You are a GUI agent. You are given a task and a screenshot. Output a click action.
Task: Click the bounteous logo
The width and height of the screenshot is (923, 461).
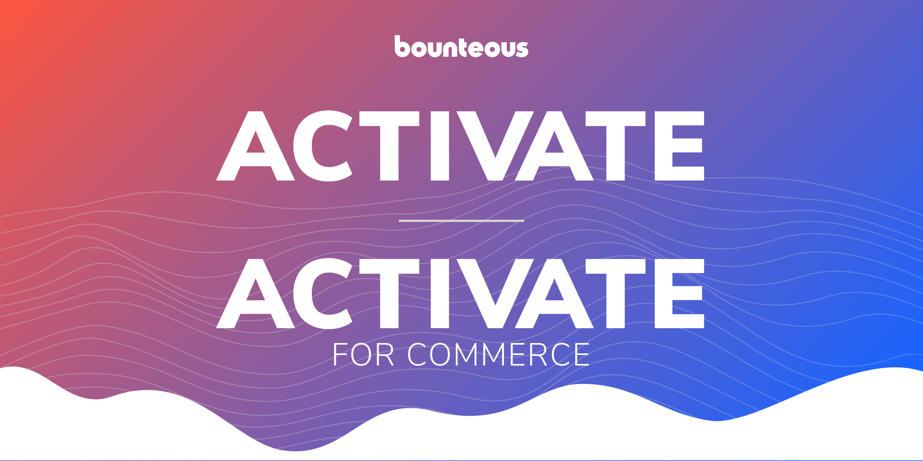coord(461,46)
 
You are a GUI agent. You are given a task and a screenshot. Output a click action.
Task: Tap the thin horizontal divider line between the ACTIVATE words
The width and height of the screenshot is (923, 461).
coord(461,221)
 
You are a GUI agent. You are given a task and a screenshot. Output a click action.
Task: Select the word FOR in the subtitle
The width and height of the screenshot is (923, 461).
coord(363,355)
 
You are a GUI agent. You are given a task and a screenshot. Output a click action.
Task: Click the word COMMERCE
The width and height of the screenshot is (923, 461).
coord(498,355)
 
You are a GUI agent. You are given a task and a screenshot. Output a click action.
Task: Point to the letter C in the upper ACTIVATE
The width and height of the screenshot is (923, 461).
coord(323,146)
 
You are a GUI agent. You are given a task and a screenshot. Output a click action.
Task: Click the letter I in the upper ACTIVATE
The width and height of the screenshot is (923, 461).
coord(440,146)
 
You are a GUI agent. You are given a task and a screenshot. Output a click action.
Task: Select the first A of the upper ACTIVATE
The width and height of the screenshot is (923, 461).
coord(256,146)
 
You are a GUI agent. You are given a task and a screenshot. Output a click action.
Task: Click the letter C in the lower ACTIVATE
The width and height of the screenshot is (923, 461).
coord(323,294)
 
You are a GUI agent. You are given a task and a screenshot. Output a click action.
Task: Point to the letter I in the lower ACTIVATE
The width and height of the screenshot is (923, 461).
coord(440,294)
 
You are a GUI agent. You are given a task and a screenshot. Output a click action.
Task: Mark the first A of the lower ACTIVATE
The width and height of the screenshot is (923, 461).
coord(256,294)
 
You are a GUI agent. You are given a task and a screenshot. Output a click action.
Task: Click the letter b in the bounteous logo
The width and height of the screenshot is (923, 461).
coord(403,47)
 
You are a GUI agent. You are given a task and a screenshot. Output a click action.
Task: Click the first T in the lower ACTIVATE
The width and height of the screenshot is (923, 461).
coord(389,294)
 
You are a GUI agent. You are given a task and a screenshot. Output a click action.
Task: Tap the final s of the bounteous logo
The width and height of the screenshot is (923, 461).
coord(522,49)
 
